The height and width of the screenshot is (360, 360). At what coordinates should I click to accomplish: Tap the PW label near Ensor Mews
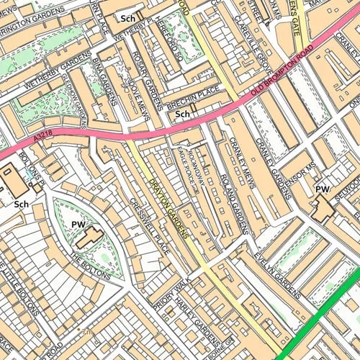322,189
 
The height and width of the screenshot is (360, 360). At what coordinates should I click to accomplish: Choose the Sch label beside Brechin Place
183,114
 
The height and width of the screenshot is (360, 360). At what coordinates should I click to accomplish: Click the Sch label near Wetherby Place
129,18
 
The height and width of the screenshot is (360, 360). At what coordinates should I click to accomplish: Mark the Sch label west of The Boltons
21,204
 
